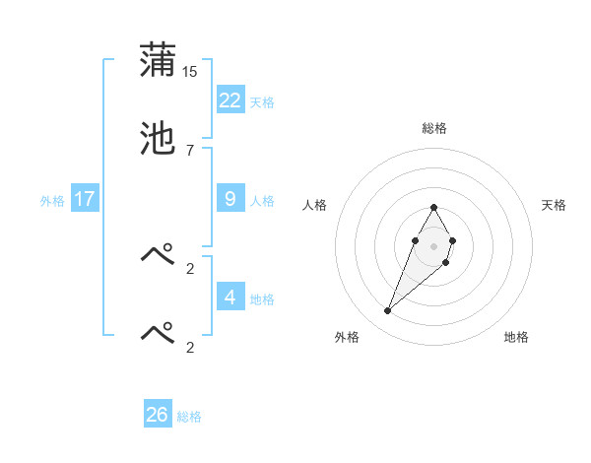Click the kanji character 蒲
point(158,60)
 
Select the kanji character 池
point(158,138)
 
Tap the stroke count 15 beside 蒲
point(190,71)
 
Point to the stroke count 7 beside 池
point(190,150)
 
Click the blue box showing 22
point(230,99)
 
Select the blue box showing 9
point(230,199)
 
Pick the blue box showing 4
point(230,297)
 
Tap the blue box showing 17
point(85,199)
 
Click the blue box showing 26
point(158,415)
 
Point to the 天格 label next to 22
point(261,102)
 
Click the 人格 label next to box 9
point(261,201)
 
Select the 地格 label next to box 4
point(261,299)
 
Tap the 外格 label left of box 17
point(52,201)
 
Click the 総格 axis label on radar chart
point(434,128)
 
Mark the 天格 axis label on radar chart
point(554,205)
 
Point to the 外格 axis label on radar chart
point(347,337)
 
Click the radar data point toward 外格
point(388,310)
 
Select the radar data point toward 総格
point(434,207)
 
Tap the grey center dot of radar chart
point(434,245)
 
